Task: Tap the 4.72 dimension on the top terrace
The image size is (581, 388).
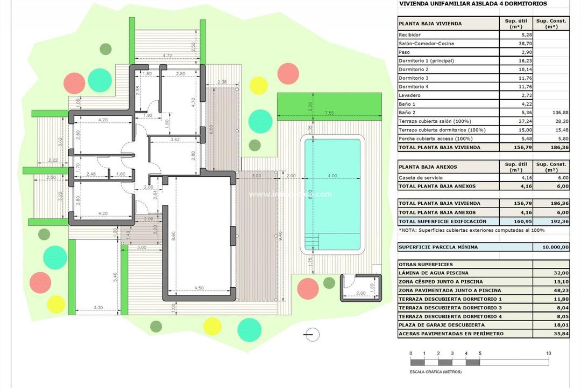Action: [x=167, y=55]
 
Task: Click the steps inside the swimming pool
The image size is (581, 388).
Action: [x=311, y=240]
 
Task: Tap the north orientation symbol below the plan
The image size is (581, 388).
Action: [x=311, y=334]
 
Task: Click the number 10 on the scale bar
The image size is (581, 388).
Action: [x=548, y=354]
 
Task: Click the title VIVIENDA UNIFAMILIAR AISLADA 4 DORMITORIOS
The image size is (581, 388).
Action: [x=472, y=4]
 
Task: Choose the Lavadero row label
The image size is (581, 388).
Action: [x=409, y=95]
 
